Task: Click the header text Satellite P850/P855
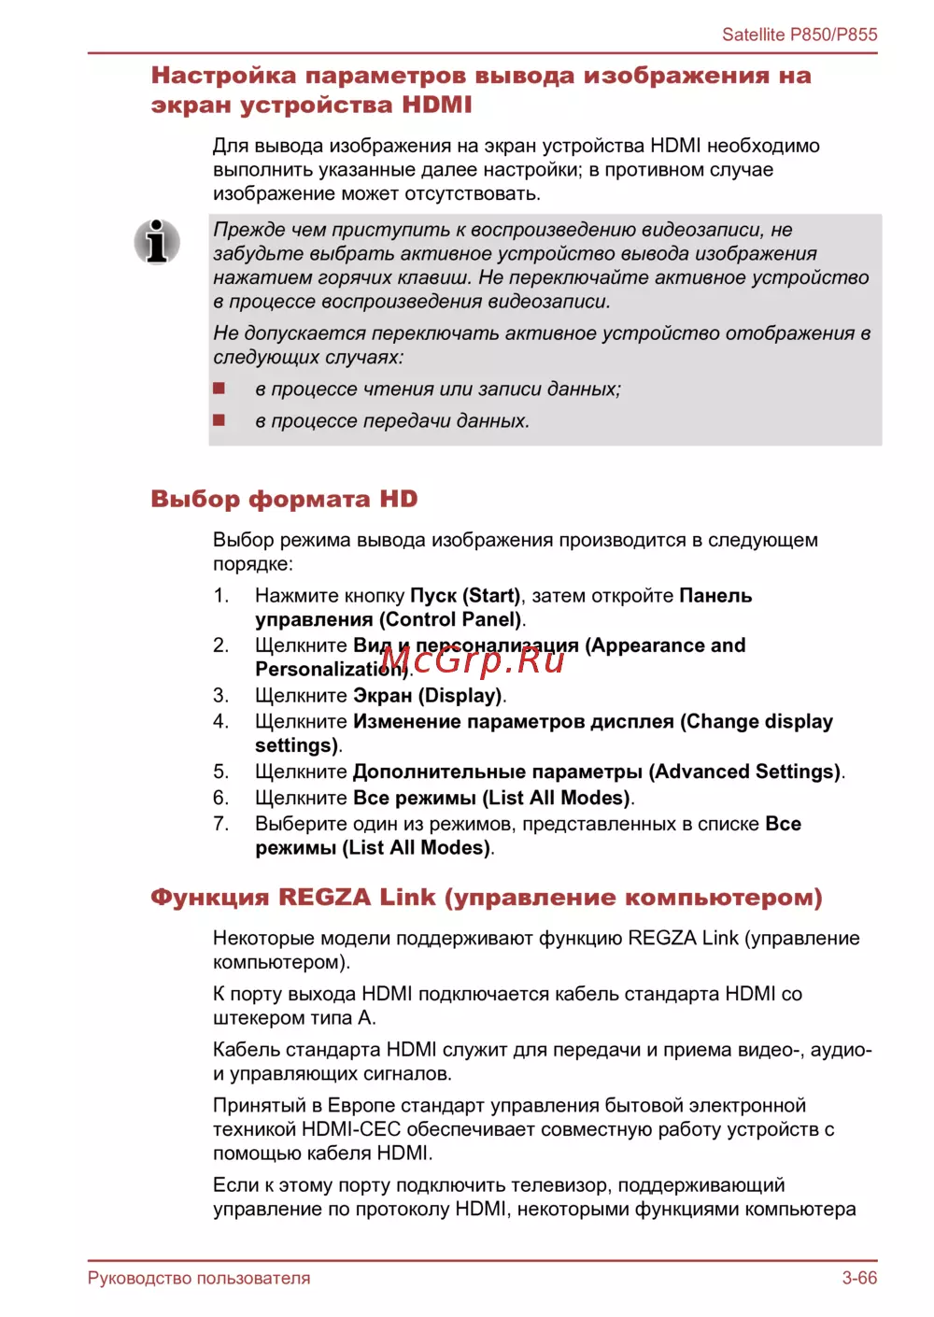[x=800, y=35]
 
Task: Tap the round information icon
[x=157, y=242]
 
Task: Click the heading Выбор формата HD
[x=284, y=499]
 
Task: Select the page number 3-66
[x=859, y=1278]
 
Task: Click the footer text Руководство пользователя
[x=199, y=1278]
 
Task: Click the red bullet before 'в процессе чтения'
[x=219, y=389]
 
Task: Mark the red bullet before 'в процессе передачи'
[x=219, y=420]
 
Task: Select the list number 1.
[x=220, y=596]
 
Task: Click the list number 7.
[x=220, y=824]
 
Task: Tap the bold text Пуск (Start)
[x=465, y=596]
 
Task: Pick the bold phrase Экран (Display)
[x=428, y=696]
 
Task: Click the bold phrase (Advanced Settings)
[x=744, y=772]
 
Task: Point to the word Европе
[x=361, y=1106]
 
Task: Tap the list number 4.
[x=220, y=721]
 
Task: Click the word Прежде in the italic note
[x=248, y=230]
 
